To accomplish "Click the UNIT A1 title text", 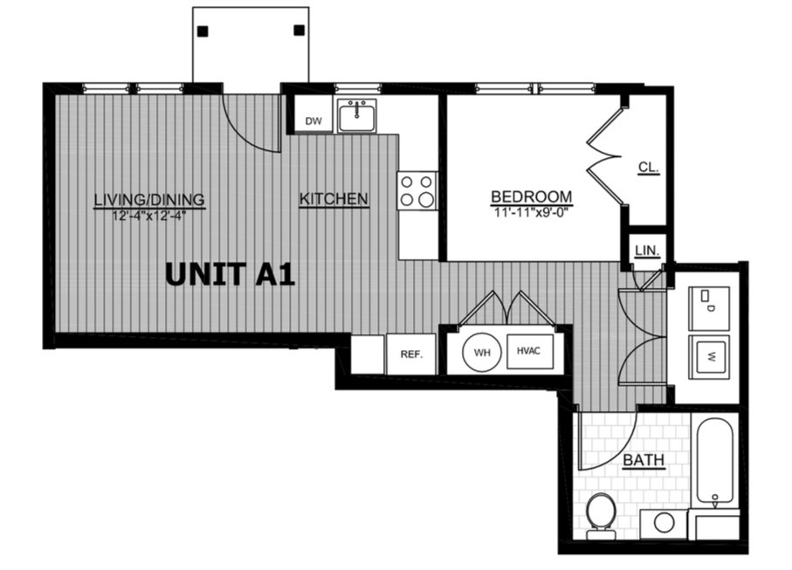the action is point(230,275).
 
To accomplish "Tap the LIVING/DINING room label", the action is point(149,200).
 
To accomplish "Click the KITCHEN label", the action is point(334,199).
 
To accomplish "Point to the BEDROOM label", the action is point(532,196).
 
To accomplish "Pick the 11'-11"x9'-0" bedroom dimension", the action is point(532,212).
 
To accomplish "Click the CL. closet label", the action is point(649,167).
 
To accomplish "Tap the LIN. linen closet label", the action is point(647,251).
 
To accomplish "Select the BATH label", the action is point(643,460).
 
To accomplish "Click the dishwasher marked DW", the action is point(313,114).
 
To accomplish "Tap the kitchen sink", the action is point(356,115).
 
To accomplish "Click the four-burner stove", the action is point(417,190).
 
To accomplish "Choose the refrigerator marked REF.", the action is point(411,354).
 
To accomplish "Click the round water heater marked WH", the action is point(482,353).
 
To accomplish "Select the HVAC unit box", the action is point(530,351).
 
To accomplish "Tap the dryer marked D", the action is point(710,308).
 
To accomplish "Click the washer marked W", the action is point(710,357).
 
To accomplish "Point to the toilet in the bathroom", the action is point(601,516).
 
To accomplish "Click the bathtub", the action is point(715,460).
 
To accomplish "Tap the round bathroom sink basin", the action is point(664,523).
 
